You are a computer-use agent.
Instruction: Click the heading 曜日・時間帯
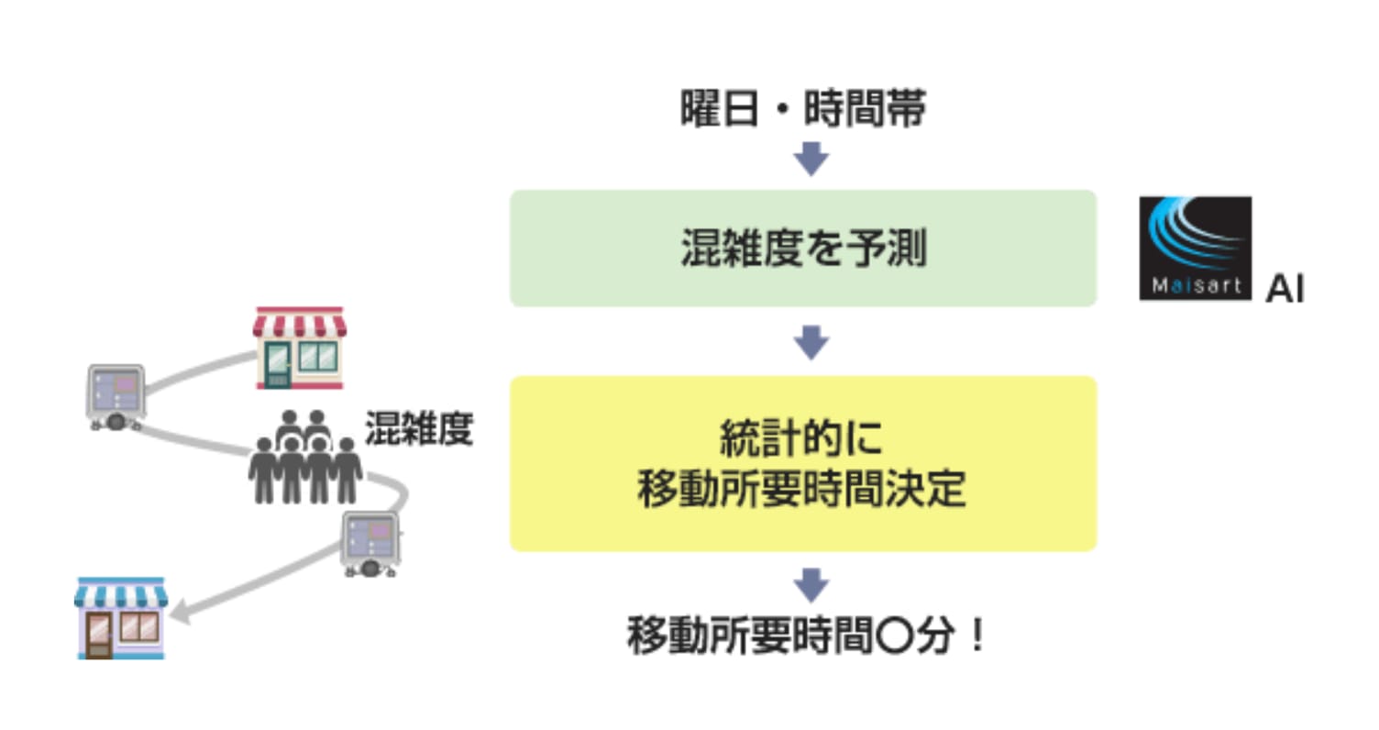tap(803, 108)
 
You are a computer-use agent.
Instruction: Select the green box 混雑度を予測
tap(803, 248)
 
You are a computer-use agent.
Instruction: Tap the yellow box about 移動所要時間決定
tap(803, 463)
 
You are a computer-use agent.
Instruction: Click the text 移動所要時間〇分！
tap(807, 635)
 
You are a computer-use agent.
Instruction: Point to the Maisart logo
tap(1195, 248)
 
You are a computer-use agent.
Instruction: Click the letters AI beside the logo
tap(1285, 288)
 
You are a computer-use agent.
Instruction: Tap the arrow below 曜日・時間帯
tap(811, 159)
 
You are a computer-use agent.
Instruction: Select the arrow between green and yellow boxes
tap(811, 342)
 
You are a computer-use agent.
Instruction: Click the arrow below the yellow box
tap(811, 585)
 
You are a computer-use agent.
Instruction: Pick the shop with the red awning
tap(300, 348)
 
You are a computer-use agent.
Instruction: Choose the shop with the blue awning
tap(121, 619)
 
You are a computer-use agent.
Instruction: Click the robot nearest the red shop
tap(116, 397)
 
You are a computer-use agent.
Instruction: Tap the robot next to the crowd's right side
tap(371, 544)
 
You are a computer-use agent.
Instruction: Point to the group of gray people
tap(304, 457)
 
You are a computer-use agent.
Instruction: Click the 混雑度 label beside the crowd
tap(419, 428)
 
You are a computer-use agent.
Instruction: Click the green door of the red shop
tap(278, 365)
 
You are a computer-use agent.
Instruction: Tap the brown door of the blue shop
tap(99, 636)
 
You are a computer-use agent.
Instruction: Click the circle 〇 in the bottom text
tap(894, 636)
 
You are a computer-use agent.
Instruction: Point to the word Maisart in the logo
tap(1197, 285)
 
